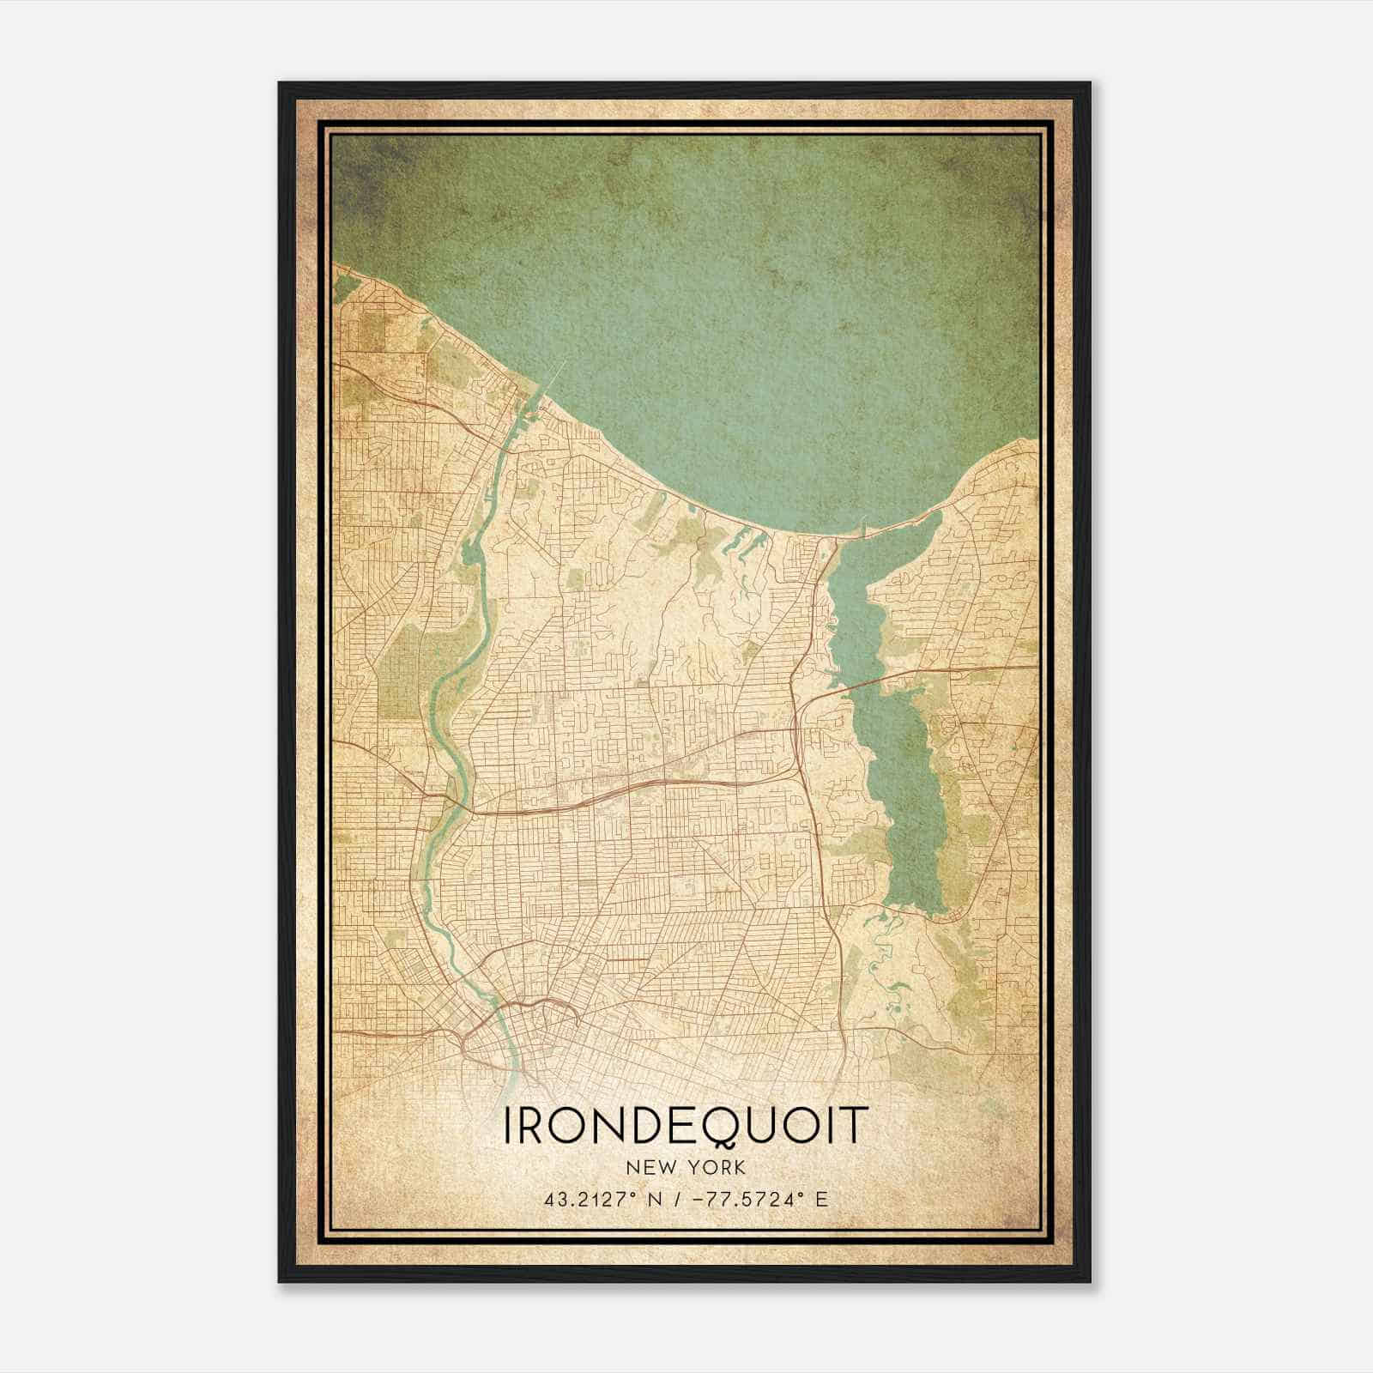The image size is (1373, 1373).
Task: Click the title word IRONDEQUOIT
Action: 686,1126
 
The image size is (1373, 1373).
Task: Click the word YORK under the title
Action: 717,1167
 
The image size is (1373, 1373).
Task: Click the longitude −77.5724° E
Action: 759,1200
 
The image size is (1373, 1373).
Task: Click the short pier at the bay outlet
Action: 865,523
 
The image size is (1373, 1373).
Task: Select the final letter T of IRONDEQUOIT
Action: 855,1126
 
